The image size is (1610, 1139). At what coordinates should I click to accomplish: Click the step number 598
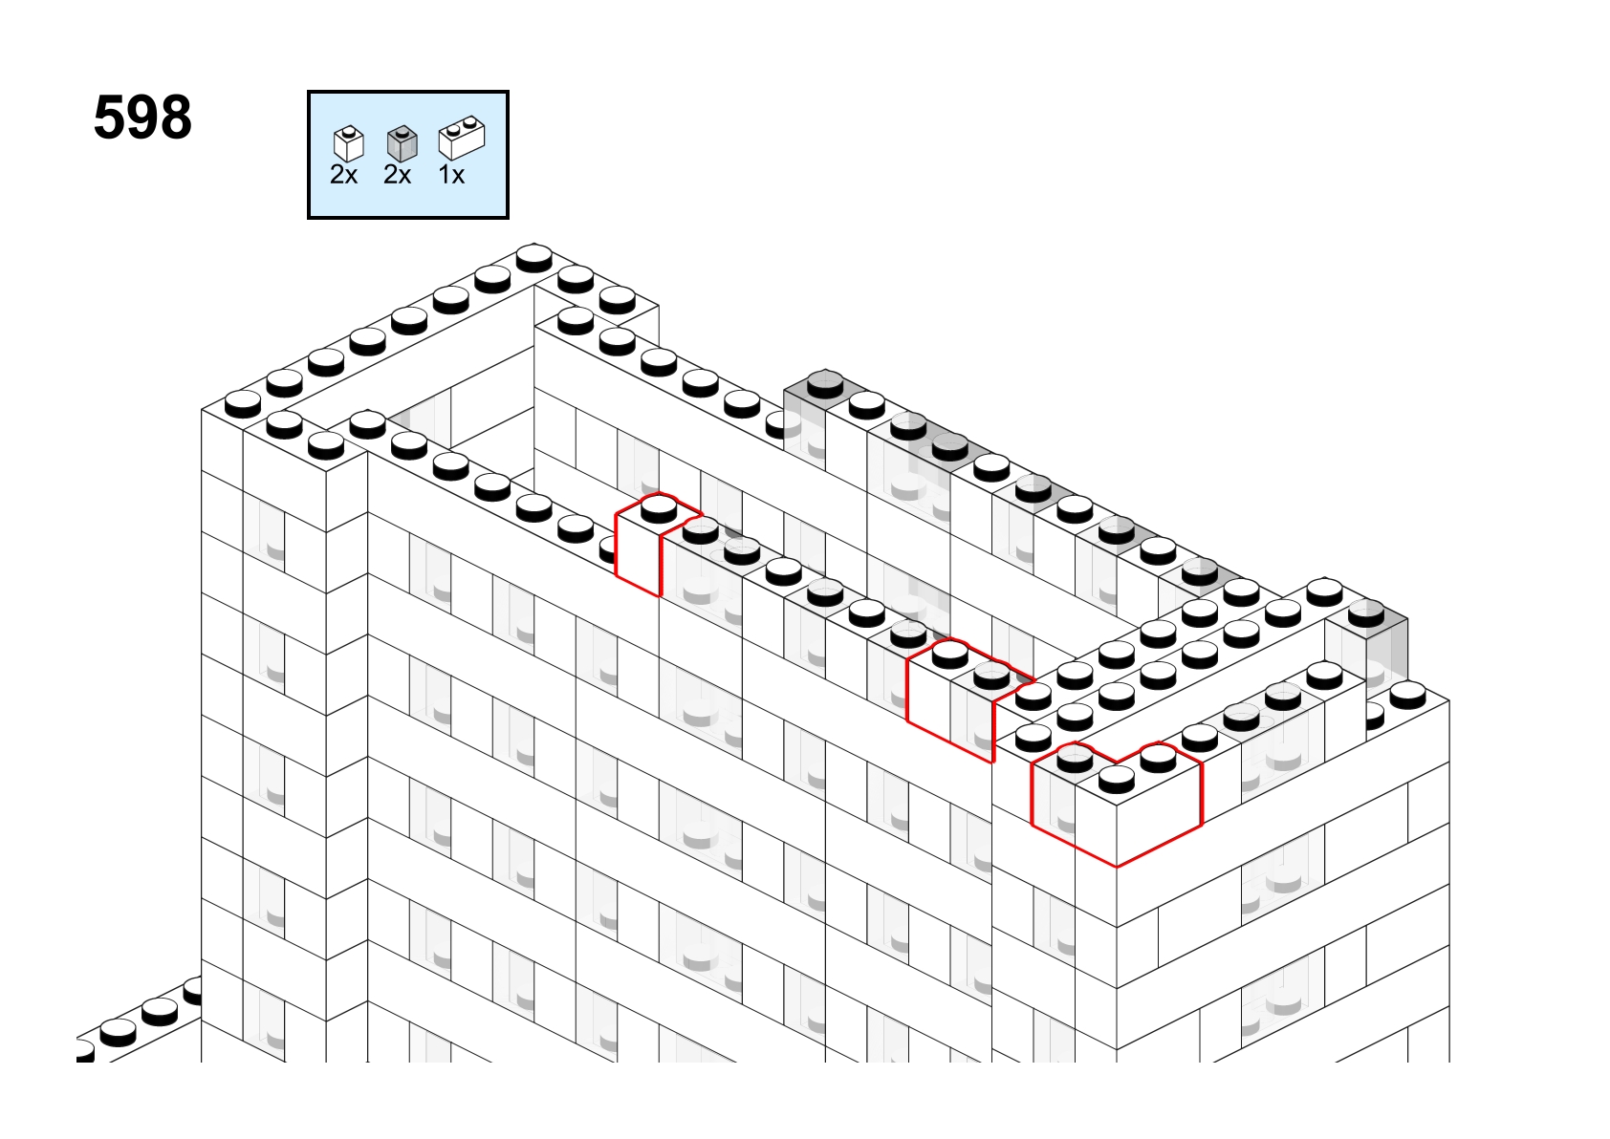tap(142, 118)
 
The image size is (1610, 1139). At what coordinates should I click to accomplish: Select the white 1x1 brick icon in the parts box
tap(349, 143)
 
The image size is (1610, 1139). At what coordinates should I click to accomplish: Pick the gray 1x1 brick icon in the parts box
tap(402, 143)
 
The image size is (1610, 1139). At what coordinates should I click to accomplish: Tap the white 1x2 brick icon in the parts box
tap(462, 138)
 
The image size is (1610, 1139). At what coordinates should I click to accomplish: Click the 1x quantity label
tap(451, 175)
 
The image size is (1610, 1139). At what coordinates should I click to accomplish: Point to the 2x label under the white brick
tap(343, 175)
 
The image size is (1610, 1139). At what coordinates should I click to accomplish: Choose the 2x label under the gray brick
tap(398, 175)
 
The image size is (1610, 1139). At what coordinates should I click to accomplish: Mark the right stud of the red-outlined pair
tap(991, 675)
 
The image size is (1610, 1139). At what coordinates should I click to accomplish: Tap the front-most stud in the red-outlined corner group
tap(1117, 779)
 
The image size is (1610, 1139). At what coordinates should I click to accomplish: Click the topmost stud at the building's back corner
tap(534, 257)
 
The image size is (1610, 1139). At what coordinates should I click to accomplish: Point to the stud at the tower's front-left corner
tap(243, 403)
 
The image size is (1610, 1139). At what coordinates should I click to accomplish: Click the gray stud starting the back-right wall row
tap(825, 384)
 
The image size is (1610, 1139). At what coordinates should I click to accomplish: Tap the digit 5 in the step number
tap(110, 118)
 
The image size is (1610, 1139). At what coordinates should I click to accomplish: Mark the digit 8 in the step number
tap(175, 118)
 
